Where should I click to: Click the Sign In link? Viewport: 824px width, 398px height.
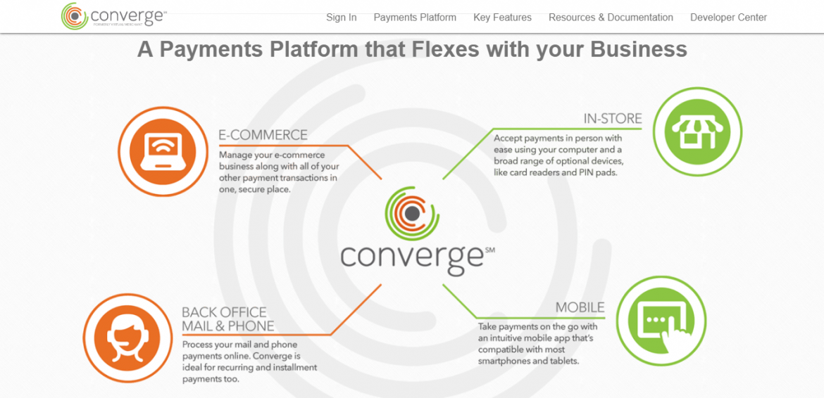point(341,18)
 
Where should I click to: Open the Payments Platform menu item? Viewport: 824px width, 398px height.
point(415,18)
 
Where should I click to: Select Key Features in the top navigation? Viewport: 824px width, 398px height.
point(502,18)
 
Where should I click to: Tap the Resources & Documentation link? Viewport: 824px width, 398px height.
point(611,18)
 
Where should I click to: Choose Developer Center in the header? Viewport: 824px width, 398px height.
point(728,18)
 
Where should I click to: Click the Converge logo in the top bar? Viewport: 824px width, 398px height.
point(113,16)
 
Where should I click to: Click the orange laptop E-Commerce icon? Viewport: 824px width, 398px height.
point(163,151)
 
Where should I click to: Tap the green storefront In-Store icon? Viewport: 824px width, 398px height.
point(697,131)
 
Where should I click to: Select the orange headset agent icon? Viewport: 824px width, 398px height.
point(127,338)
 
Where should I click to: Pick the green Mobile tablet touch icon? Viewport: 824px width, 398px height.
point(661,321)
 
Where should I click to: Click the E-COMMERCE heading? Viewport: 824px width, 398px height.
point(263,135)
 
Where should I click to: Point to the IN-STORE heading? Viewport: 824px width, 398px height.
point(612,119)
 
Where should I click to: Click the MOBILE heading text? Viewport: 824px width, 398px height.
point(580,307)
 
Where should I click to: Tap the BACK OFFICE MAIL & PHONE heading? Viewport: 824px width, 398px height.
point(227,319)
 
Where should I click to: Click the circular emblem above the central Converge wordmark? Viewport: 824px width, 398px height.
point(412,213)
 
